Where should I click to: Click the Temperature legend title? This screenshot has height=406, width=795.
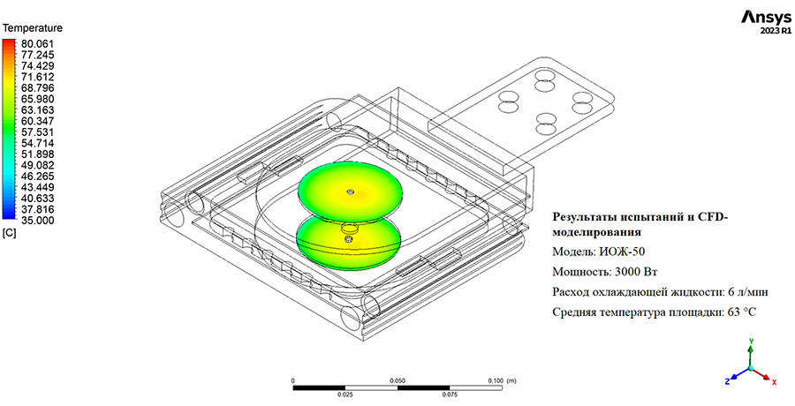[x=33, y=28]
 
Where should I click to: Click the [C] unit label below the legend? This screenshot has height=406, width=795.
[x=10, y=234]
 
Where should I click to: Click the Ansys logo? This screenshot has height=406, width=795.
[x=766, y=18]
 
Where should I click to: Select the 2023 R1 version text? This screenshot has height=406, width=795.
[x=776, y=31]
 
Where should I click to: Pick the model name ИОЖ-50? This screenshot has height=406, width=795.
[x=622, y=252]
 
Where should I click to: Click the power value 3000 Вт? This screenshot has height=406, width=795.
[x=636, y=272]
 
